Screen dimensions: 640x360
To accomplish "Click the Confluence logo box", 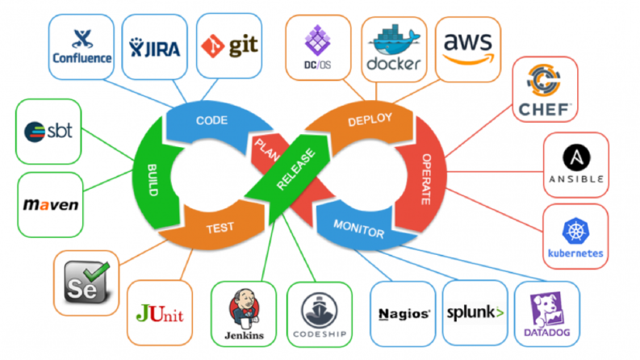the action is coord(82,47).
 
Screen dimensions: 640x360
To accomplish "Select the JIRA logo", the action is coord(155,48).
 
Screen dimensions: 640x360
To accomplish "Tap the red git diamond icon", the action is coord(212,46).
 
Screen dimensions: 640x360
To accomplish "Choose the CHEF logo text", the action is coord(545,110).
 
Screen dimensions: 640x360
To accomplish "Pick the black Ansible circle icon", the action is coord(576,157).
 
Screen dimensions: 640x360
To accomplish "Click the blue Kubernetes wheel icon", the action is coord(575,231).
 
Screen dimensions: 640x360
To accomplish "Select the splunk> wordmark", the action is coord(475,313).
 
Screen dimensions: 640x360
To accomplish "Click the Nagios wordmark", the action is coord(404,314).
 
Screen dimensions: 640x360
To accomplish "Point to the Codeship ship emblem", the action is coord(319,310).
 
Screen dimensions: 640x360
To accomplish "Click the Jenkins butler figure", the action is coord(245,308).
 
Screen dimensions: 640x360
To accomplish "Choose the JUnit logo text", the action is coord(160,313).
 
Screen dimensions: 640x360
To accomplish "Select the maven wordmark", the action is coord(51,204).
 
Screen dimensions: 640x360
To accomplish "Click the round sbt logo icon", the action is coord(35,132).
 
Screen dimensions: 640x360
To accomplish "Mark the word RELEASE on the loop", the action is coord(296,170).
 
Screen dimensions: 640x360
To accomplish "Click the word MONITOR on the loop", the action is coord(359,229).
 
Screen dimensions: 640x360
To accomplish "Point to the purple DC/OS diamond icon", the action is coord(317,40).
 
